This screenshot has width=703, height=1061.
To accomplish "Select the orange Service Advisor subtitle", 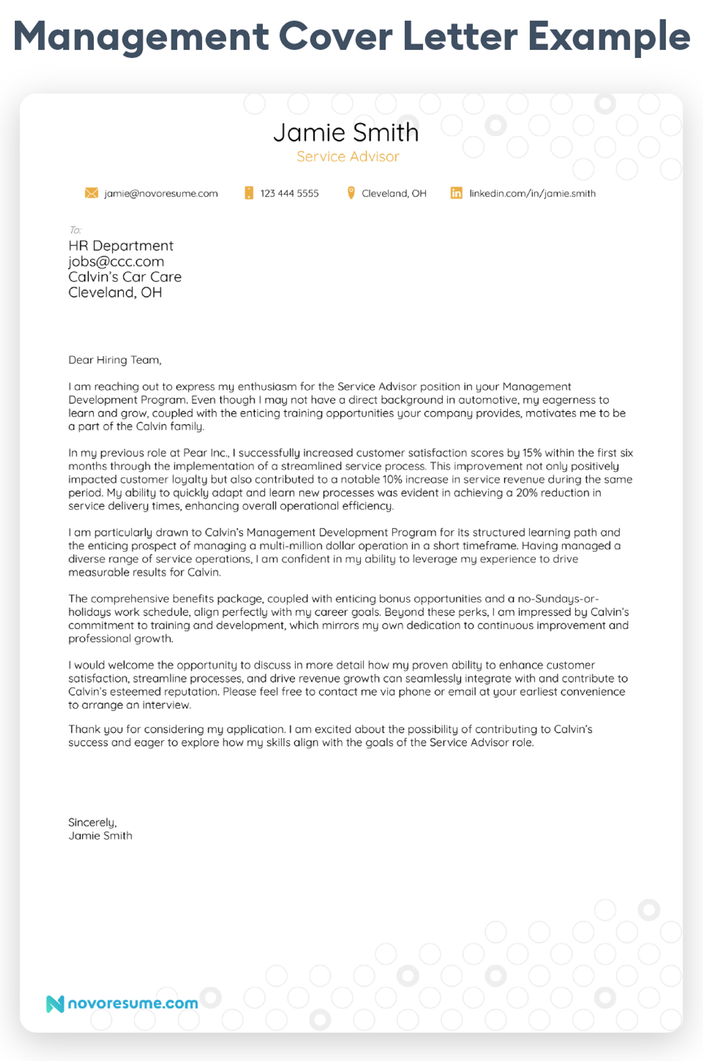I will (347, 156).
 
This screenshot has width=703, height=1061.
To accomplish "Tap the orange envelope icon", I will (92, 193).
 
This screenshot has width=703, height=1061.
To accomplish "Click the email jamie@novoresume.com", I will (161, 194).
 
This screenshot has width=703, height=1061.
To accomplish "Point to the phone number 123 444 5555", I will (289, 194).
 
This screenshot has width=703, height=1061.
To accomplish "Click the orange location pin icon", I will (351, 193).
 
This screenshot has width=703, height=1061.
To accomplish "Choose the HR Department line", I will (120, 246).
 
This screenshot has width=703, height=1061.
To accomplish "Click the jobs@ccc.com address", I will (116, 261).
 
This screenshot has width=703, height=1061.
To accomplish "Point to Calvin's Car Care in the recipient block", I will (124, 277).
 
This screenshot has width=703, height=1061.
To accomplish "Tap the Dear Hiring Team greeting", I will (114, 360).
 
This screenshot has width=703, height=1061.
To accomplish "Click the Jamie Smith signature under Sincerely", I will (100, 836).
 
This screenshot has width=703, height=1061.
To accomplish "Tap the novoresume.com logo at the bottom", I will (122, 1004).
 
